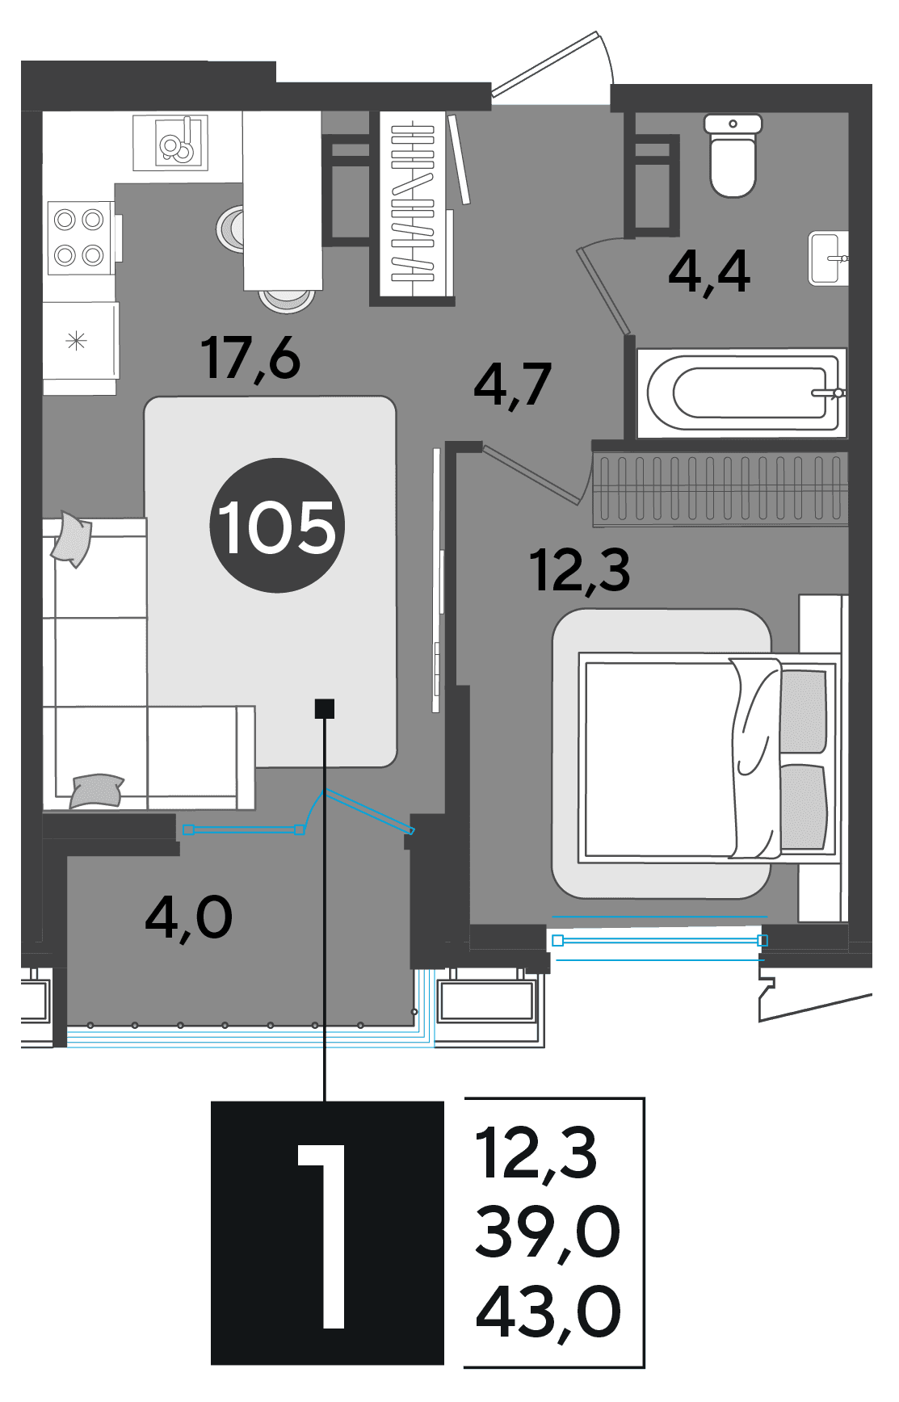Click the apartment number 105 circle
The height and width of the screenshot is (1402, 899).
pos(277,526)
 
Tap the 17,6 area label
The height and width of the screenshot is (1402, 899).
pos(251,359)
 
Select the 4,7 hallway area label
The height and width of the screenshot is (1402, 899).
pos(513,385)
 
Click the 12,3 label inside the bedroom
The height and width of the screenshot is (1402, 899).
pos(580,570)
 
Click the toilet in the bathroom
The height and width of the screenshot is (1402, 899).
pos(733,156)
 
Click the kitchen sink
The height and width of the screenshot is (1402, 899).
pos(170,143)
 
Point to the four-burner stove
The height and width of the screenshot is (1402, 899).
pos(79,238)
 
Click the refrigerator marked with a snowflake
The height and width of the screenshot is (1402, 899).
pos(80,341)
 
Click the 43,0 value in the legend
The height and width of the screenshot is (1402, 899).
pos(548,1312)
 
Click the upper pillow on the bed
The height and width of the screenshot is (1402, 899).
pos(803,710)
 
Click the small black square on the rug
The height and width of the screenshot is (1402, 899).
pos(324,708)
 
